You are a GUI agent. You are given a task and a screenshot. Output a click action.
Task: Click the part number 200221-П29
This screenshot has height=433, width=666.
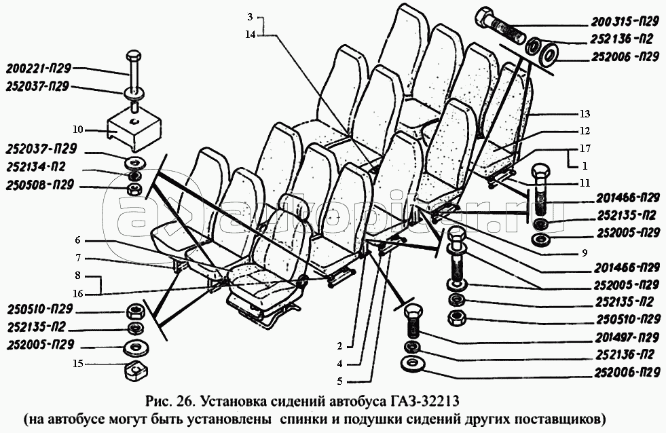coord(39,69)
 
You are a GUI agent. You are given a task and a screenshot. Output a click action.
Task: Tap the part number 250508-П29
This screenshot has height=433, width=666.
coord(41,186)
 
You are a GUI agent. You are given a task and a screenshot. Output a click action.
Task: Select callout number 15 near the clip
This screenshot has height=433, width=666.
coord(78,364)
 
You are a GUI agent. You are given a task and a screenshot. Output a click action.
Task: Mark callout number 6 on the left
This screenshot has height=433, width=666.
coord(77,240)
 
